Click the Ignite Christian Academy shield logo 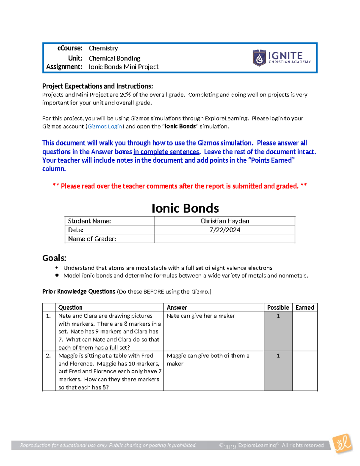(259, 58)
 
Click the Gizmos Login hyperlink (105, 126)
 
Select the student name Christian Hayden (225, 221)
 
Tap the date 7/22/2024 (225, 230)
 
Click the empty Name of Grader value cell (225, 239)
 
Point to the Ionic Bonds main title (185, 208)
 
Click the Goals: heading (54, 258)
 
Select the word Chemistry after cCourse (103, 48)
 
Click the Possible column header (278, 307)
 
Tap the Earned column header (304, 307)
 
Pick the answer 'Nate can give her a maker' (201, 316)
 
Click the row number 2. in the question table (48, 356)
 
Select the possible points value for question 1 (278, 316)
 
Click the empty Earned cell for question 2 (304, 371)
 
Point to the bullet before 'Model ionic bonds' (57, 275)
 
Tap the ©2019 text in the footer (228, 446)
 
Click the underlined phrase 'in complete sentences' (166, 152)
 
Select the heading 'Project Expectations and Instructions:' (97, 86)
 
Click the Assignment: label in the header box (64, 67)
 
